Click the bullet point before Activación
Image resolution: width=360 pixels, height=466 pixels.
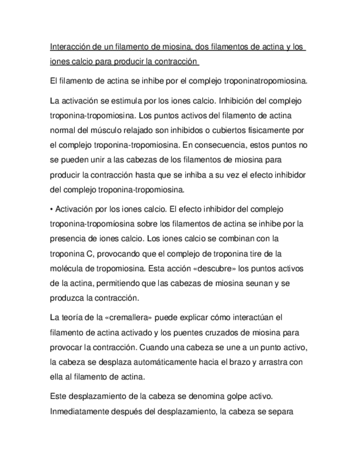coord(51,209)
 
